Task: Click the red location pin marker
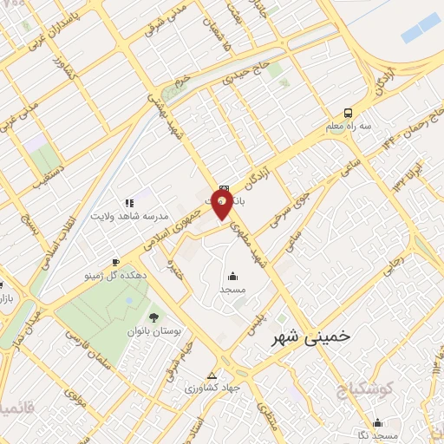tap(223, 206)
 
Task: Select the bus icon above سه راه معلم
tap(348, 113)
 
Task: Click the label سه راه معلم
tap(348, 126)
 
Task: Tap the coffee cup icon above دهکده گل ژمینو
tap(115, 262)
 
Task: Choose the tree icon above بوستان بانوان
tap(153, 318)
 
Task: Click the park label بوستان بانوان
tap(153, 331)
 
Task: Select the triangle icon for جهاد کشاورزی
tap(212, 375)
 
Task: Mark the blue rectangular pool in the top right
tap(421, 34)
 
